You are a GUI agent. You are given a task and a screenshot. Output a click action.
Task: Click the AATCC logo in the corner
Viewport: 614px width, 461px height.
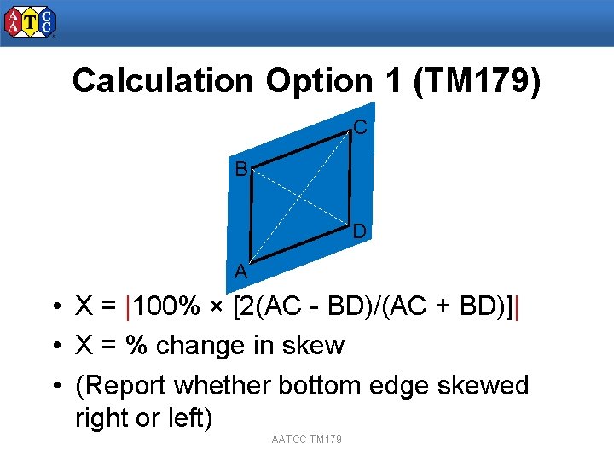click(x=30, y=22)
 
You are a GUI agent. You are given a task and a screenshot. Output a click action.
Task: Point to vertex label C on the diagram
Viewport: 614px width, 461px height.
click(x=360, y=128)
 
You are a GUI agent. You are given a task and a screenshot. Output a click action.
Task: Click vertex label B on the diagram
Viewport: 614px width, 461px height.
click(x=241, y=169)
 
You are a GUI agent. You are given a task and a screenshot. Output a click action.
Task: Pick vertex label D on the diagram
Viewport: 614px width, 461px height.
click(x=360, y=231)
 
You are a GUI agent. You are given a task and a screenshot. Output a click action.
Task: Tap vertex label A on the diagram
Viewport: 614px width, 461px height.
click(x=241, y=272)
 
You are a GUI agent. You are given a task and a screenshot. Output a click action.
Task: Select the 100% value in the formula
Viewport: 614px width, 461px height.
click(x=166, y=306)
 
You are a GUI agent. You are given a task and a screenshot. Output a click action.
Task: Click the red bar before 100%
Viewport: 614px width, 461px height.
click(x=127, y=306)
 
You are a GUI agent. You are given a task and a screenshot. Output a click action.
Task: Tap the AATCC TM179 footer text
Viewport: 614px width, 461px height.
click(x=306, y=439)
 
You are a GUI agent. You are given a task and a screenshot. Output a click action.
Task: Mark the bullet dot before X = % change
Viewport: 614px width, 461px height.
click(x=54, y=347)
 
